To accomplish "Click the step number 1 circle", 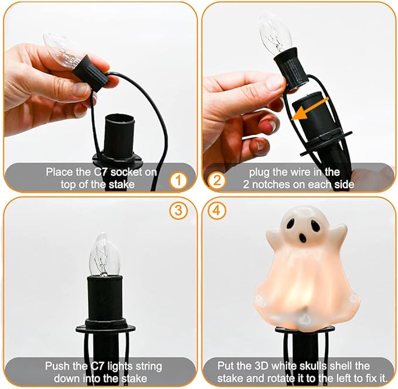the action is (x=178, y=180).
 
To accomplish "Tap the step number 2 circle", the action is (x=217, y=180).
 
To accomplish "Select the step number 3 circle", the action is (x=178, y=211).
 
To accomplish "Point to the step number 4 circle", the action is (x=217, y=211).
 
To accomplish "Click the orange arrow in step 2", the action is (x=311, y=108).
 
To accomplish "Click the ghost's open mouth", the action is (x=303, y=238).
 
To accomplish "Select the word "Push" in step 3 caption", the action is (x=57, y=366).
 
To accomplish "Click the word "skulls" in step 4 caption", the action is (x=313, y=366).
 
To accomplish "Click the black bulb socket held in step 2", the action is (x=292, y=68).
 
